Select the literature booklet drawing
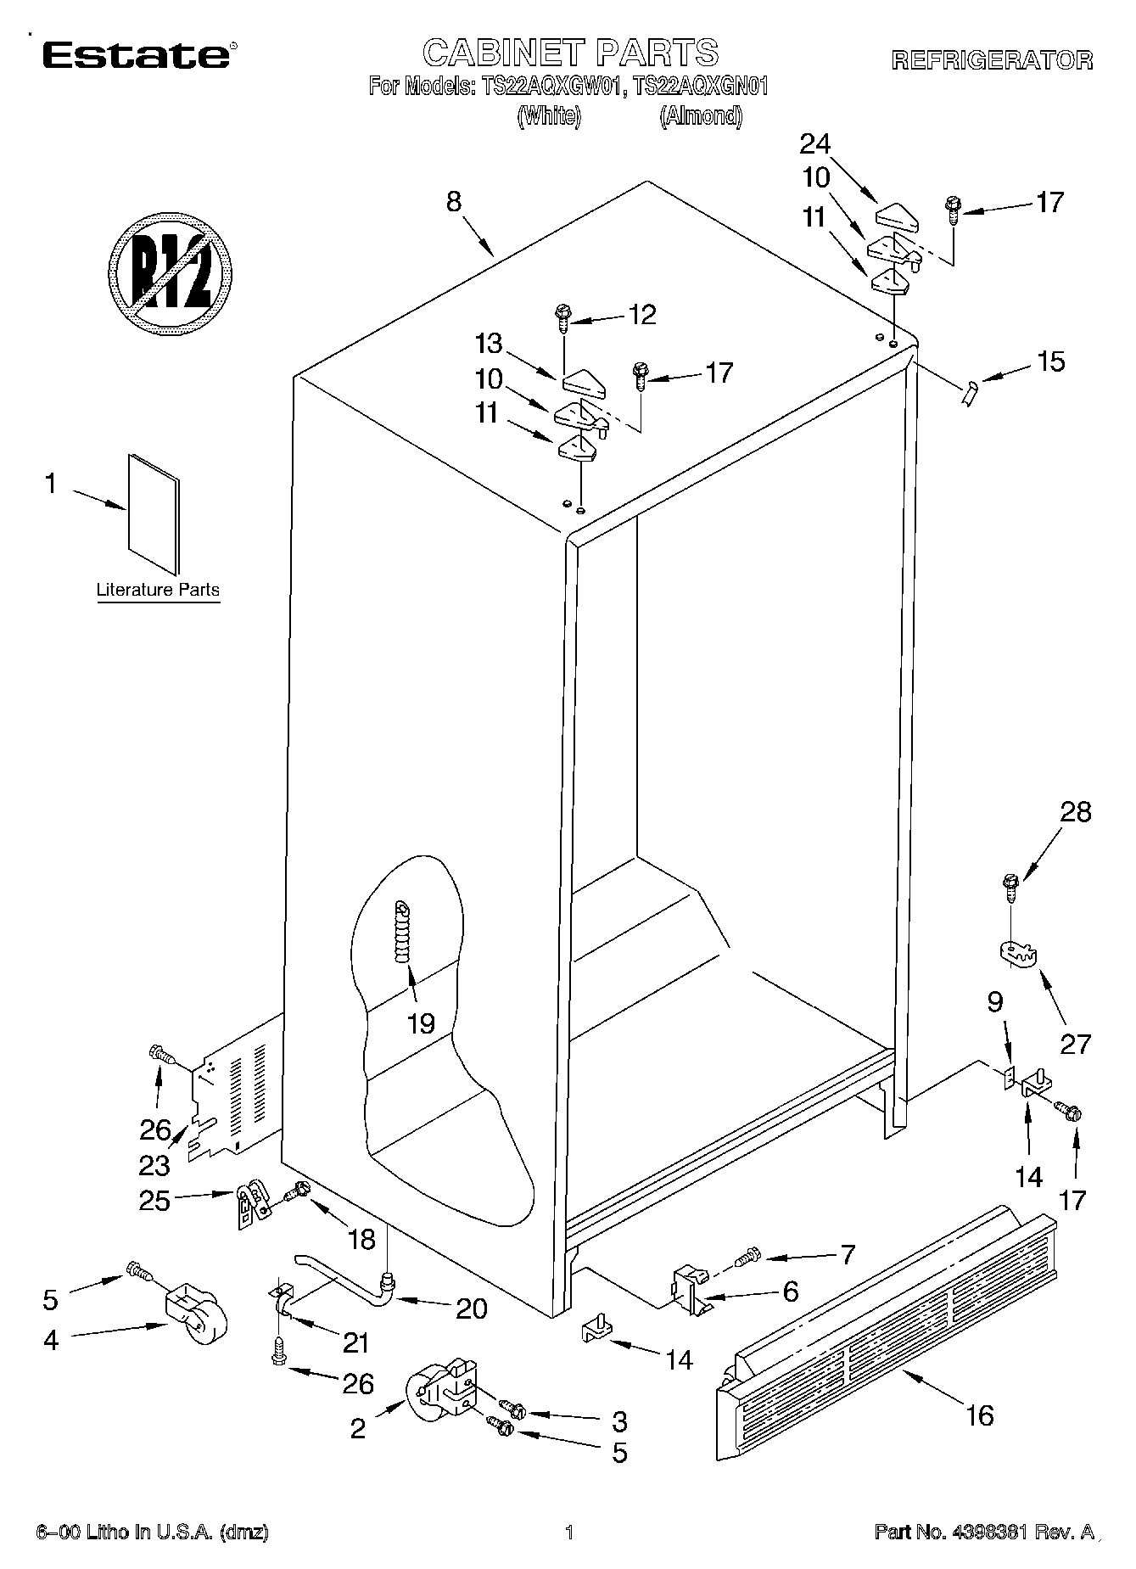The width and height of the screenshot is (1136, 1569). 154,514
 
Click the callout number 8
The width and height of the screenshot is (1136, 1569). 454,202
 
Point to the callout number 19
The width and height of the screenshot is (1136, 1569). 422,1023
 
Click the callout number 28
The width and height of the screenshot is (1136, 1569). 1075,812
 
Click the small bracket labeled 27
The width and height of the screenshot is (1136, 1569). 1016,953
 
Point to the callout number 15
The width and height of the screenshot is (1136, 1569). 1050,361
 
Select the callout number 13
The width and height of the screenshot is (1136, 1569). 490,345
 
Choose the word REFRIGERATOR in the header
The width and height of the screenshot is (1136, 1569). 991,59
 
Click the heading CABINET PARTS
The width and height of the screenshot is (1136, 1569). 570,53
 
